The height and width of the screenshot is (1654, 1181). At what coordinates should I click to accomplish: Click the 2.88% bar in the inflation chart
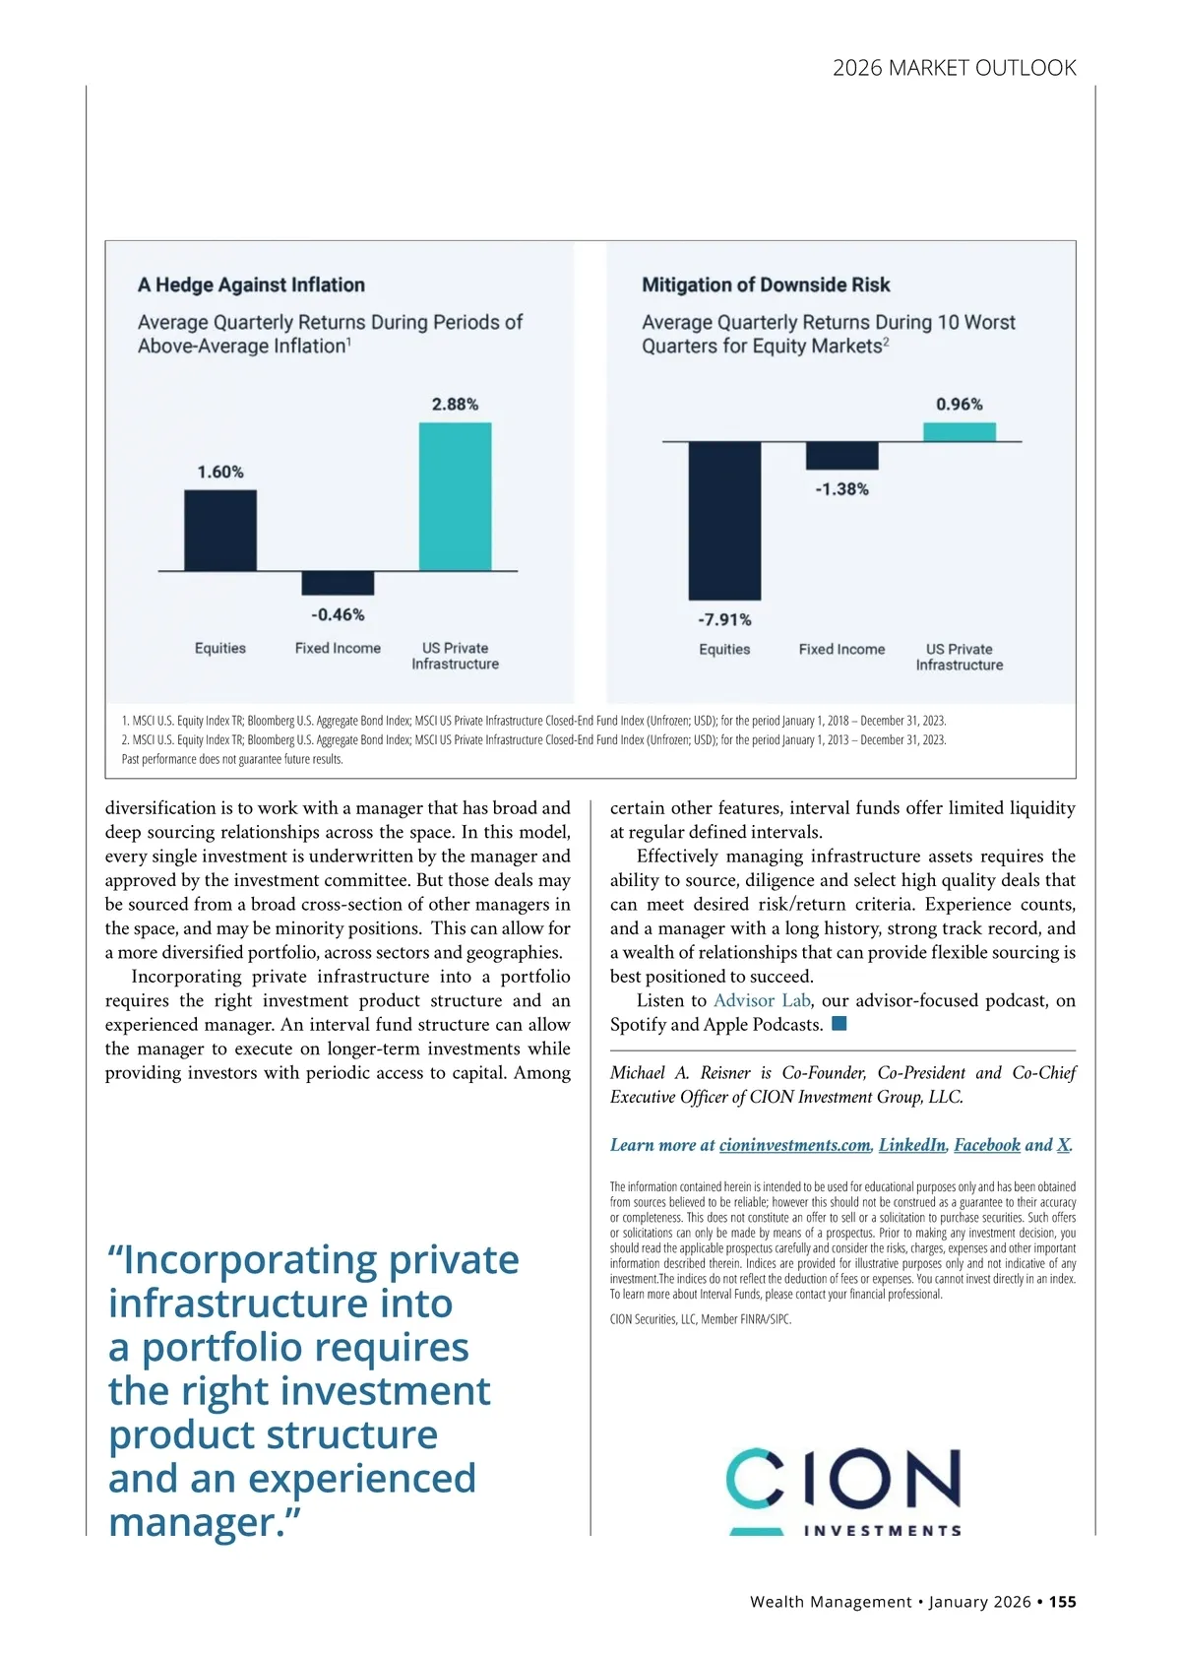455,496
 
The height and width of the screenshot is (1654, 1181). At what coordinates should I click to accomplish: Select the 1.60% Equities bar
220,530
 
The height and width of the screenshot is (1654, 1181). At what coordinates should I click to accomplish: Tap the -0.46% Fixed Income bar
338,583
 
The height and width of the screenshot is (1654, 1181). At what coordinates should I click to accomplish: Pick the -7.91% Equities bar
724,521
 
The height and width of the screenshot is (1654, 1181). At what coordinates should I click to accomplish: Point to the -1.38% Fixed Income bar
841,456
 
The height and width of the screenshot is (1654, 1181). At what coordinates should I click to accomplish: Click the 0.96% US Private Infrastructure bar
960,432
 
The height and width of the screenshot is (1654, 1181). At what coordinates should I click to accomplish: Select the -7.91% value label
724,619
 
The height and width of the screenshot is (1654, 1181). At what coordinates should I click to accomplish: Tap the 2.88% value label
455,404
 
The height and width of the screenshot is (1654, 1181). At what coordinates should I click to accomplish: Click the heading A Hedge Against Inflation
251,285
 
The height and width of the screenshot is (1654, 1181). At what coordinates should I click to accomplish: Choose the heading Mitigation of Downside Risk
766,285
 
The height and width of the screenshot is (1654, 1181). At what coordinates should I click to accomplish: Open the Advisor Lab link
762,1000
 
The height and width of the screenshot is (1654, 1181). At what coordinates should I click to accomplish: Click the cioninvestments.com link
794,1145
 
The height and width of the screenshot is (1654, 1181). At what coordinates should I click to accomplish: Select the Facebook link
987,1145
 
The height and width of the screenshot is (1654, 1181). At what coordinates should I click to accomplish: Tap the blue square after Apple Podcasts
839,1024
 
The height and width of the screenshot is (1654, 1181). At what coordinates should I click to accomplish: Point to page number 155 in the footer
1062,1602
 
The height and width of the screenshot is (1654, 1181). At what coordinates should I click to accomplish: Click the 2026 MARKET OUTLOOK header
954,68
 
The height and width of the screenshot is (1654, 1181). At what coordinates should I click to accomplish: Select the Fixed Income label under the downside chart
841,649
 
